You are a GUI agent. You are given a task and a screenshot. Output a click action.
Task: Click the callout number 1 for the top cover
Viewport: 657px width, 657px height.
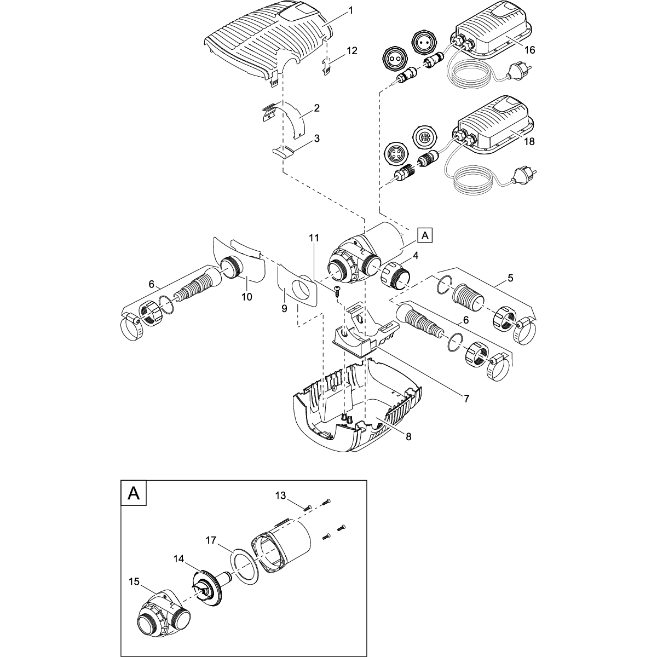(350, 10)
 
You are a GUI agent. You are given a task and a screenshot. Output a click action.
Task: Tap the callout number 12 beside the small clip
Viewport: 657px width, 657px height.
(351, 50)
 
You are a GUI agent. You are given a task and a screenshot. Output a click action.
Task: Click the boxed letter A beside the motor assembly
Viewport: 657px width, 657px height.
(424, 235)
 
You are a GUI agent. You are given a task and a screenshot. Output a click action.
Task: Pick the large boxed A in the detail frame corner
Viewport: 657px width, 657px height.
(133, 493)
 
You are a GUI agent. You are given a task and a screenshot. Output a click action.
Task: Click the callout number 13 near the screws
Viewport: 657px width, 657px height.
(281, 495)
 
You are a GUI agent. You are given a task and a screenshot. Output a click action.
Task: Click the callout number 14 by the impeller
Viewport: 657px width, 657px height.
(178, 558)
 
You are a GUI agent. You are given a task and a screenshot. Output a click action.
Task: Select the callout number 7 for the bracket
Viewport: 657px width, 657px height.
(466, 399)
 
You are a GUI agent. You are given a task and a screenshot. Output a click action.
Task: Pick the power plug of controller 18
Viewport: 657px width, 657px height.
(518, 178)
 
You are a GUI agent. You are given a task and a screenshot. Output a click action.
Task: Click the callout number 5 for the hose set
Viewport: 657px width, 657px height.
(510, 278)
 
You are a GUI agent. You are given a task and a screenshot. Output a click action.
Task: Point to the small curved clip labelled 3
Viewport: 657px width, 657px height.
(286, 151)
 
